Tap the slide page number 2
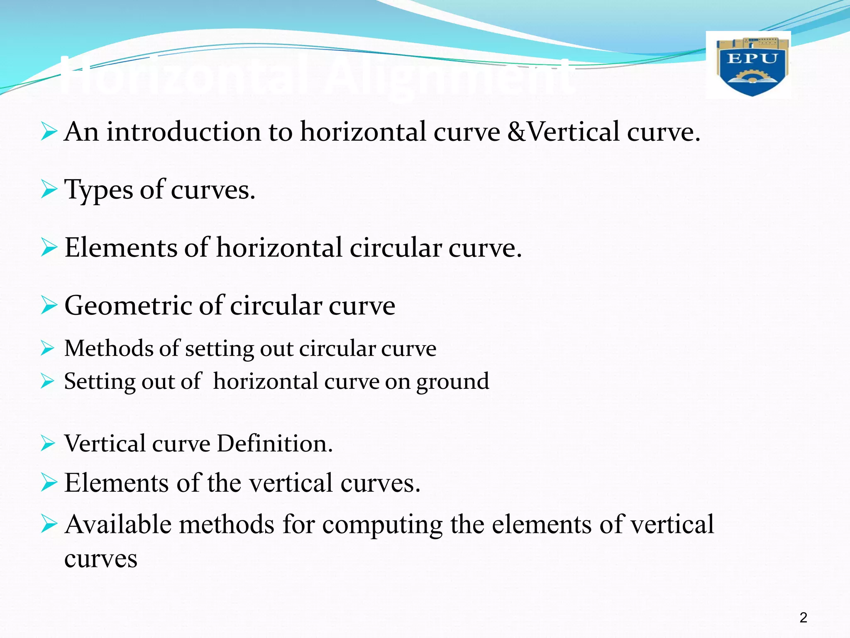click(803, 618)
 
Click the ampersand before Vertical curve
click(516, 132)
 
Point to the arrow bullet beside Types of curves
click(49, 190)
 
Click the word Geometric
click(127, 306)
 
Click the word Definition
click(275, 444)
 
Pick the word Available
click(118, 524)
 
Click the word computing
click(382, 525)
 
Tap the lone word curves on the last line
click(101, 559)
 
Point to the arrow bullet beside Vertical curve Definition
click(48, 444)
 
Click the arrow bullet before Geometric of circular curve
click(49, 306)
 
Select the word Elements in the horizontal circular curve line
click(120, 248)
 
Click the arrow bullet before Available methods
click(49, 524)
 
